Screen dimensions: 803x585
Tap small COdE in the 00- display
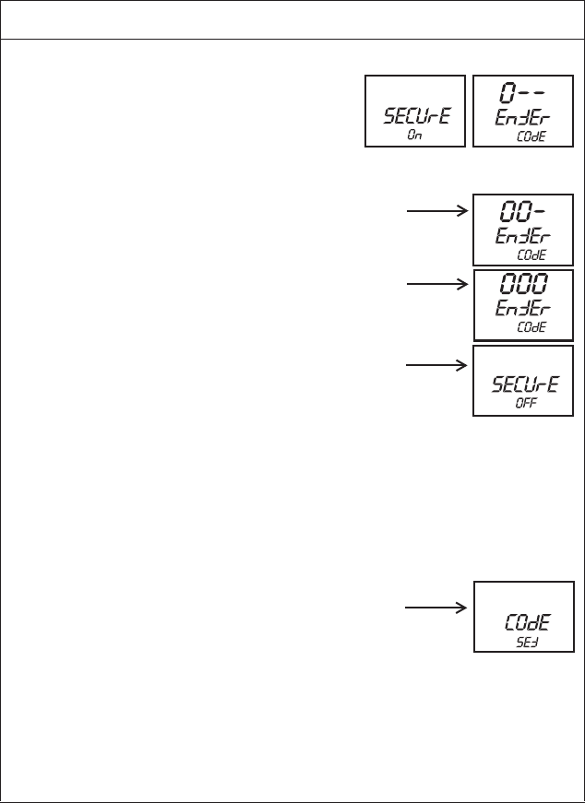532,255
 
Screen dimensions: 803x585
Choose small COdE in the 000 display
532,327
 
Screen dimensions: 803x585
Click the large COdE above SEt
524,623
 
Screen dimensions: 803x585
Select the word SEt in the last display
524,643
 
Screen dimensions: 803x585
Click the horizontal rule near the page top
292,39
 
